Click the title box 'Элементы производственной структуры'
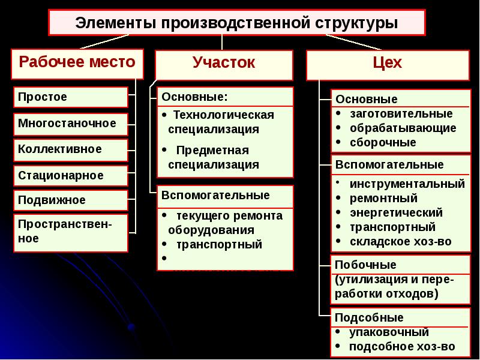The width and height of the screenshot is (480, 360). [x=236, y=23]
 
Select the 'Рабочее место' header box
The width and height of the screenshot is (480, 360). [x=77, y=64]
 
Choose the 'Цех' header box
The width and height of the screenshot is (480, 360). [x=387, y=64]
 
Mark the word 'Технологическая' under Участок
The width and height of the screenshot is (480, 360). [x=223, y=115]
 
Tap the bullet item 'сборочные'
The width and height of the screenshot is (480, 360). [x=383, y=142]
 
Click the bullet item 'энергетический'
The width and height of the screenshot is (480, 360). [x=396, y=212]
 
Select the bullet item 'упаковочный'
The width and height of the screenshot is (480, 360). [x=389, y=332]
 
